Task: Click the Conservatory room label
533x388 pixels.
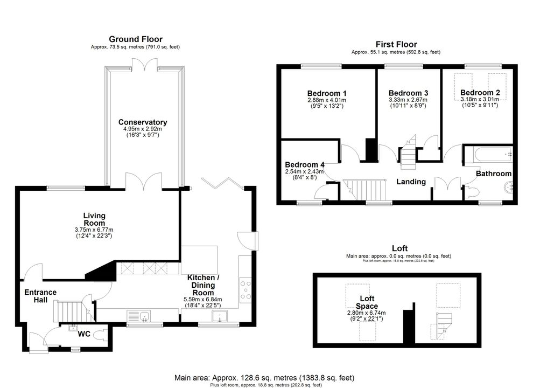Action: click(x=143, y=122)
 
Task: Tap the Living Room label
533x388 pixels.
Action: click(x=95, y=219)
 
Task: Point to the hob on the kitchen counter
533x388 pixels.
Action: click(x=246, y=289)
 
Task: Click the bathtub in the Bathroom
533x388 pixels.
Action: click(x=488, y=155)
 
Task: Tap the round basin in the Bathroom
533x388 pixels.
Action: click(x=508, y=187)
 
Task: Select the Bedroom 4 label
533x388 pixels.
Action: click(x=305, y=165)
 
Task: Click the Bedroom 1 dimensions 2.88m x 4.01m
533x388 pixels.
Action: click(x=327, y=100)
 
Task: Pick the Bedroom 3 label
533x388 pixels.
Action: click(x=408, y=93)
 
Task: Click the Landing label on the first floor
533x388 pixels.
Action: click(x=411, y=182)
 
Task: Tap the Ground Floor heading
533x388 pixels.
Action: click(x=136, y=39)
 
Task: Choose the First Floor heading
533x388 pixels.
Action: click(x=396, y=44)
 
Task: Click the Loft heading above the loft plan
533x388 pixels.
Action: click(x=399, y=248)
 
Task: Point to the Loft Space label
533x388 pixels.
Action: click(x=367, y=302)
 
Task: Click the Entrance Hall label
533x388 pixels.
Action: click(x=40, y=296)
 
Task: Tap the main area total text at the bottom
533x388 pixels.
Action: click(x=264, y=377)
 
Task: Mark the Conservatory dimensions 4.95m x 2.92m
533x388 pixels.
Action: click(x=143, y=129)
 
